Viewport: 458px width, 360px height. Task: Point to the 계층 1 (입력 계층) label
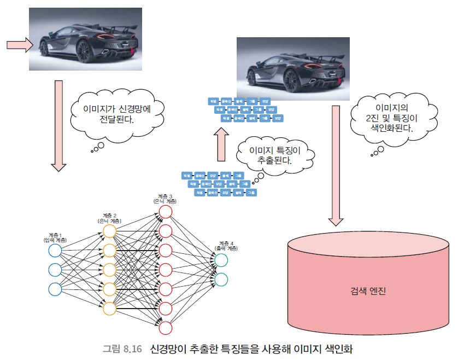(x=55, y=237)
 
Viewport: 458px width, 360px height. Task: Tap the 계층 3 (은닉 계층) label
(x=165, y=199)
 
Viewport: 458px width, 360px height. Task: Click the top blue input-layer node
(x=55, y=251)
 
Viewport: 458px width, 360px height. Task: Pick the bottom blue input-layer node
(x=55, y=289)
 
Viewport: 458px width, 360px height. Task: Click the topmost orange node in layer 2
(x=109, y=231)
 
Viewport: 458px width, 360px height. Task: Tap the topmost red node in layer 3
(x=166, y=212)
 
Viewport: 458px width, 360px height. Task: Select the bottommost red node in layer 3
(x=166, y=327)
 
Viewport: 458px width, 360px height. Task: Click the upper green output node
(x=221, y=260)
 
